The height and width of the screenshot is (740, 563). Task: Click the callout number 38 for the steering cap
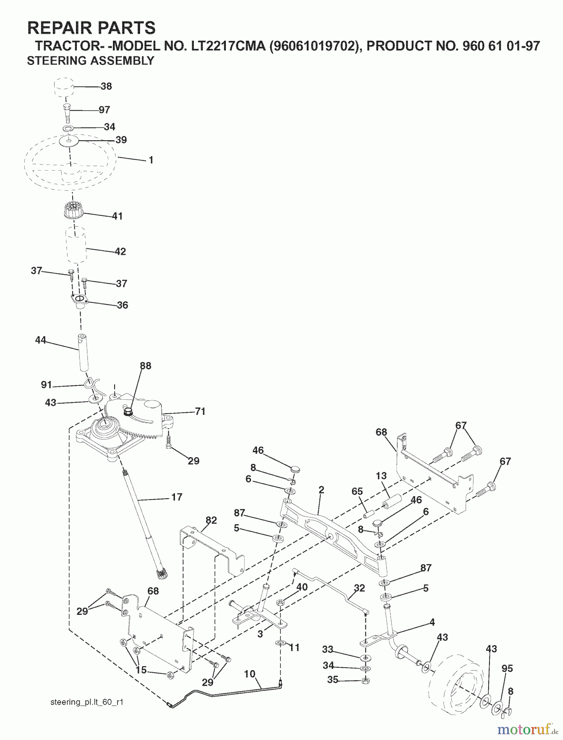click(106, 86)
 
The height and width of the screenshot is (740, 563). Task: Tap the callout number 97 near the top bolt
click(104, 110)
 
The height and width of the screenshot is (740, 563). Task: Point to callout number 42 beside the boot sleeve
click(120, 252)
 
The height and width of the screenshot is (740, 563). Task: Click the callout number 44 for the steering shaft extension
click(40, 340)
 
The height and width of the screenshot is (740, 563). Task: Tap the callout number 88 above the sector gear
click(145, 366)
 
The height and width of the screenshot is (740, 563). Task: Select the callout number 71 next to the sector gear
click(200, 412)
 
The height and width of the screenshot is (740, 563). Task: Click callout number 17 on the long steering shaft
click(176, 497)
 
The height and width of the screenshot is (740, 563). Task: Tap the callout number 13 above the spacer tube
click(381, 476)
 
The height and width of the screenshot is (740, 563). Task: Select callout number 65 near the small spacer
click(357, 491)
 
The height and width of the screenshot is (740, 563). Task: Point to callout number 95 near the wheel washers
click(507, 669)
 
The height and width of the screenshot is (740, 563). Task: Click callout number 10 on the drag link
click(249, 674)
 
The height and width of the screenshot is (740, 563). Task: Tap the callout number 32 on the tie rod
click(359, 588)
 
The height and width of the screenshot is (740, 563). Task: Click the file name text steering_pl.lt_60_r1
click(87, 702)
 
